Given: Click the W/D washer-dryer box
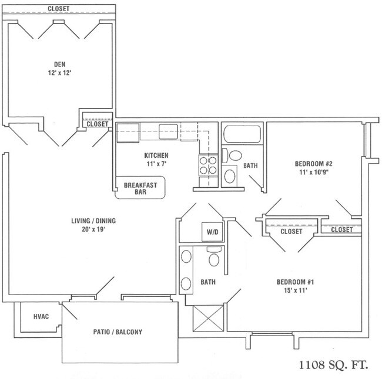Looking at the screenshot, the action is [x=212, y=232].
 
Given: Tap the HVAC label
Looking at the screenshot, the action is [x=41, y=316].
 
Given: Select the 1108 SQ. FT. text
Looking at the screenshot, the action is [x=333, y=365].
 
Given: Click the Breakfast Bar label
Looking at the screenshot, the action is [x=140, y=188].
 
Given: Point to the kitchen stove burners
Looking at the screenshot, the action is [x=208, y=165].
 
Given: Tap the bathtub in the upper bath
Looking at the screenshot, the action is [x=242, y=134].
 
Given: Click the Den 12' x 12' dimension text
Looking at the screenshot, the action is [x=59, y=73].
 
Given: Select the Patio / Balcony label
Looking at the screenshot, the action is [x=118, y=332].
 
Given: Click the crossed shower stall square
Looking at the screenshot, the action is [x=208, y=318].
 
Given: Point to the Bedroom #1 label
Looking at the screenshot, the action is [x=295, y=282].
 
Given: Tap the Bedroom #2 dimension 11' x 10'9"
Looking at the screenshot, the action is [x=314, y=172].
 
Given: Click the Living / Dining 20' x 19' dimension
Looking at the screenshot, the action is [x=93, y=229].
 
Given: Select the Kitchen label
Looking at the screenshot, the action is [x=156, y=155].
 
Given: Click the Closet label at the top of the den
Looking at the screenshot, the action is [x=59, y=9].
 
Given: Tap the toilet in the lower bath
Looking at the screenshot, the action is [x=214, y=257].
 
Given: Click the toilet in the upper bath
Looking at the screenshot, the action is [x=232, y=155].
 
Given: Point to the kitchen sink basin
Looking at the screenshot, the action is [x=168, y=131].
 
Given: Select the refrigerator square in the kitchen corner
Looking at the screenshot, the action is [x=128, y=133].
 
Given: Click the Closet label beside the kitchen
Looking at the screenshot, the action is [x=97, y=124].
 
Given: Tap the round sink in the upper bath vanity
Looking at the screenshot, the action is [x=230, y=176].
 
